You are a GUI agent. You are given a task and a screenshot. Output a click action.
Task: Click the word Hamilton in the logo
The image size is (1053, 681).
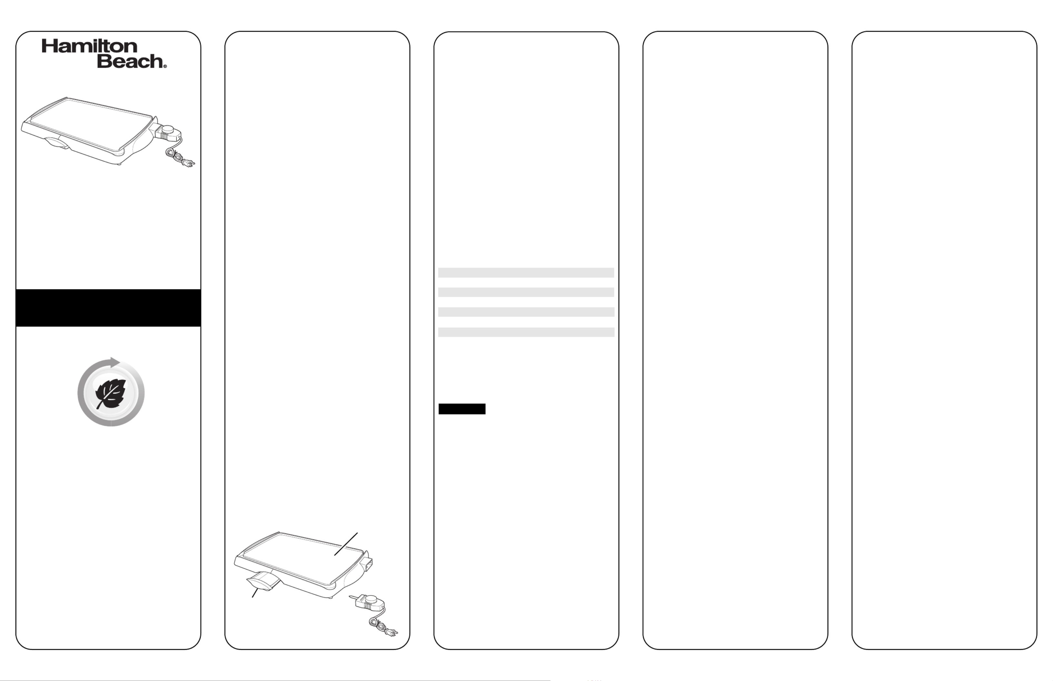89,46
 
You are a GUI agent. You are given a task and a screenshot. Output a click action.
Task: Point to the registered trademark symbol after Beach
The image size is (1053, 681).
165,66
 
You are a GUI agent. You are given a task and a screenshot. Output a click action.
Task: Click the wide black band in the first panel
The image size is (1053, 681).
108,308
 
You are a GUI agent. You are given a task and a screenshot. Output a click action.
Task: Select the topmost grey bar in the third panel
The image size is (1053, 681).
526,272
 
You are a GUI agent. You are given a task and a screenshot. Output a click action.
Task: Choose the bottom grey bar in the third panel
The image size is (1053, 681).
526,332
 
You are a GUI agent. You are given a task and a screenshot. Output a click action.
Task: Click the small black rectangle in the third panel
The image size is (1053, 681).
462,409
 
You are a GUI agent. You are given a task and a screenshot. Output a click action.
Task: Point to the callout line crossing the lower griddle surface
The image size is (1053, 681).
346,544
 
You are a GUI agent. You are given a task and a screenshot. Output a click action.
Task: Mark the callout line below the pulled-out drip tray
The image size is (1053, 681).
255,593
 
